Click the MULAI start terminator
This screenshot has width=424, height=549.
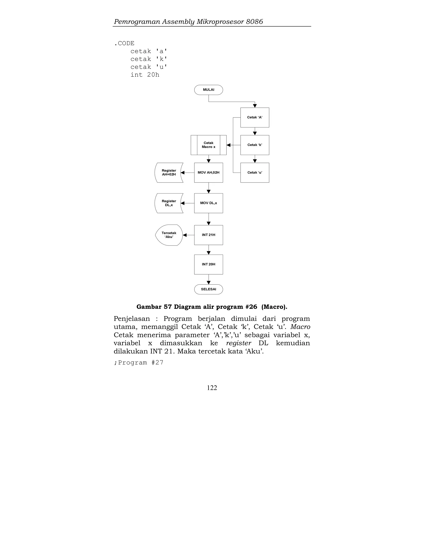208,90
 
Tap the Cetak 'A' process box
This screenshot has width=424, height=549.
255,117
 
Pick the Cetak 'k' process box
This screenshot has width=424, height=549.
255,145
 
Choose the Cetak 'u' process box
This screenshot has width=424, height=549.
255,173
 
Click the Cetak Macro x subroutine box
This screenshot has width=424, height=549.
208,145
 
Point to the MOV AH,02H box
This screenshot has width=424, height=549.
208,173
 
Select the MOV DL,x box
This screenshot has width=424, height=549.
208,203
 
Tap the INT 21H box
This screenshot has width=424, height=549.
208,235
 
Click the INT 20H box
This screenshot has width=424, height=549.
208,264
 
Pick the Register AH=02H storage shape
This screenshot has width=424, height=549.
169,173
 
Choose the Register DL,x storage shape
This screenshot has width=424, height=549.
169,203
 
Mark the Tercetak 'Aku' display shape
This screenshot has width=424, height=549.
169,235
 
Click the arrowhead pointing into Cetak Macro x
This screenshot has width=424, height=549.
229,145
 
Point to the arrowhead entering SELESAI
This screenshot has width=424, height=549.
208,283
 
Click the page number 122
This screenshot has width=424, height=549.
212,388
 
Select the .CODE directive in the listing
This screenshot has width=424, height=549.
124,44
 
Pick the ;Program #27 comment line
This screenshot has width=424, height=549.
139,363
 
